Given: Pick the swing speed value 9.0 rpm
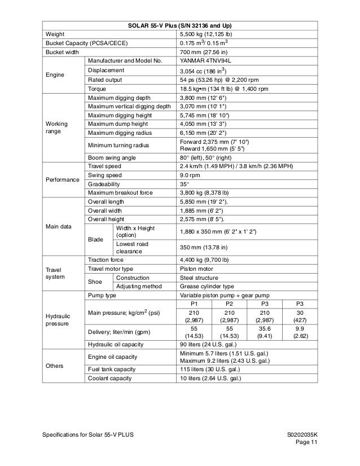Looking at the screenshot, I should (x=190, y=175).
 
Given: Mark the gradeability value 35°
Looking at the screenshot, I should (x=184, y=184).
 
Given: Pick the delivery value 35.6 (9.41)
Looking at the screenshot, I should (x=265, y=333).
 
